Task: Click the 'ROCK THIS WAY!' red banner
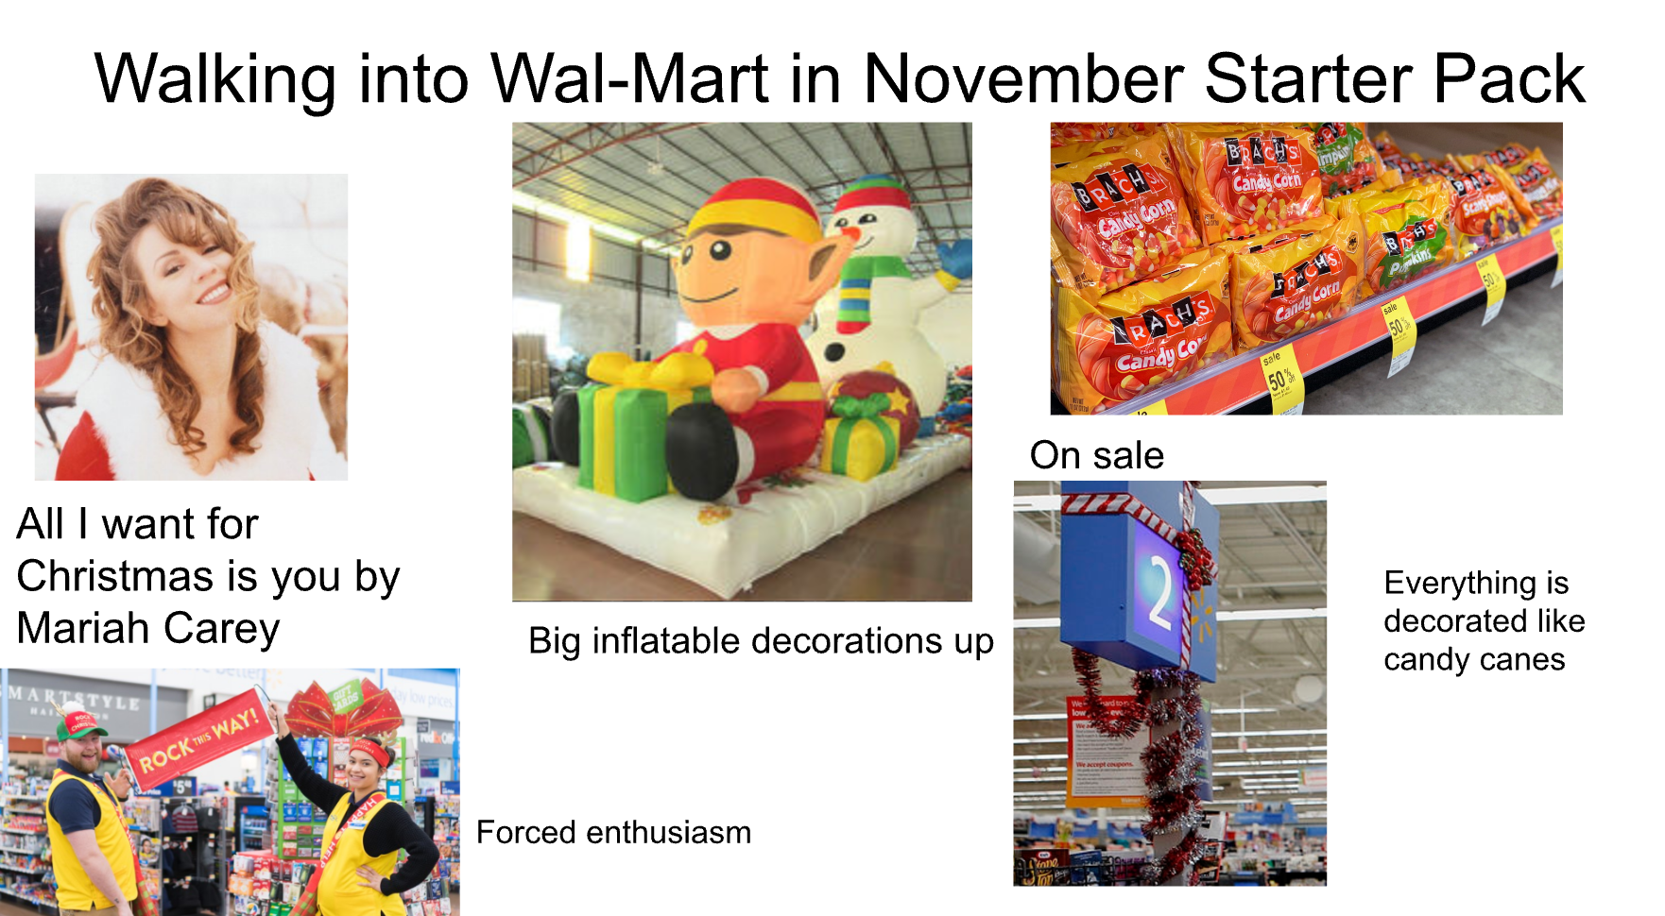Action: [x=195, y=742]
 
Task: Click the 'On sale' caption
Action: [x=1096, y=455]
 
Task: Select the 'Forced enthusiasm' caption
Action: [x=613, y=832]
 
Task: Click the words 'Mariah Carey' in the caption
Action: [x=148, y=628]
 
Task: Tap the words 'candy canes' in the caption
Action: [x=1473, y=659]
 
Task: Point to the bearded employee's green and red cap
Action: [x=80, y=724]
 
